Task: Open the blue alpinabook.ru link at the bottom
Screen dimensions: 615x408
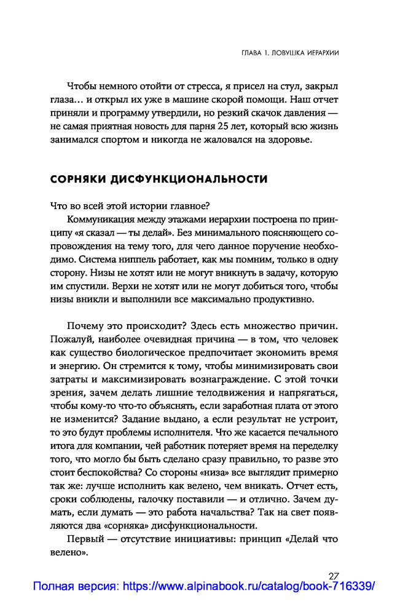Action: (x=203, y=587)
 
